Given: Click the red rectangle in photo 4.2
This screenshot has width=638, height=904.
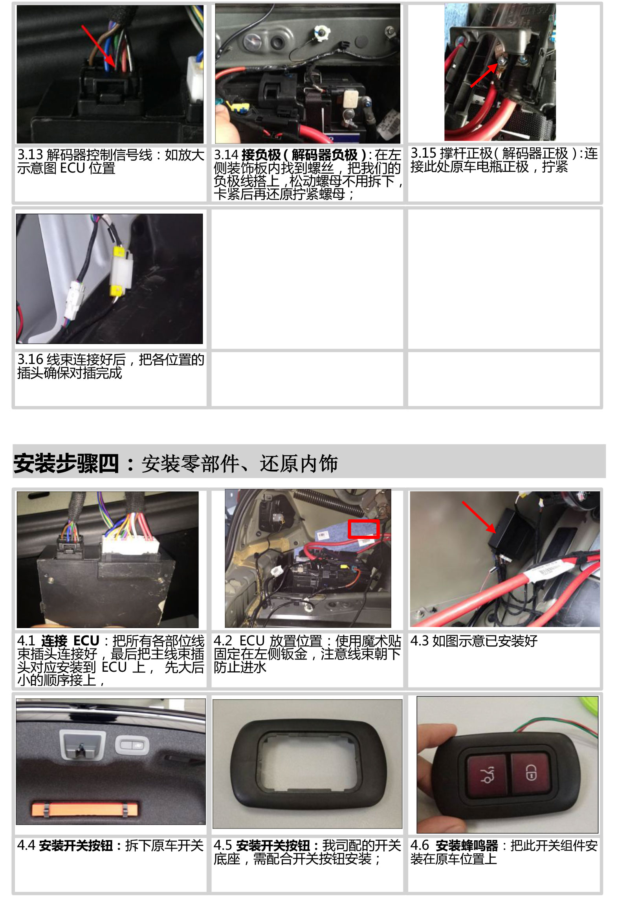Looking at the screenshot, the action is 363,529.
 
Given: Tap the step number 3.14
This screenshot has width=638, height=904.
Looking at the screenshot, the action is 226,155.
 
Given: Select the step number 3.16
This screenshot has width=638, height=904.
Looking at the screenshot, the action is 30,359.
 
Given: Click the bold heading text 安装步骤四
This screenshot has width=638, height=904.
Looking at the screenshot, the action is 66,463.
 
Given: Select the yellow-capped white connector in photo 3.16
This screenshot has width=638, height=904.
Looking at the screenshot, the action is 121,271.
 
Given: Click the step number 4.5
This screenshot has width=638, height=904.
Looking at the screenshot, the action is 223,845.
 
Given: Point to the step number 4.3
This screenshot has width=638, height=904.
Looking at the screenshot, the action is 419,641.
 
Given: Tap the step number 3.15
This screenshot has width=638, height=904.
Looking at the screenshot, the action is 423,153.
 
